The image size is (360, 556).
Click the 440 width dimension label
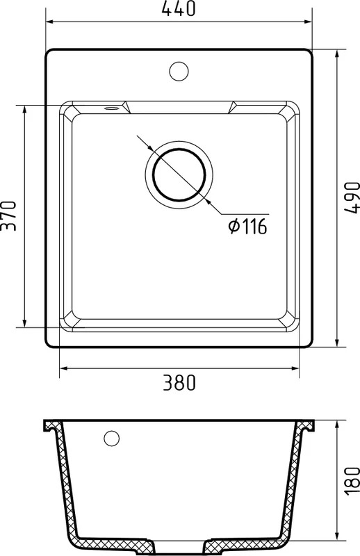click(179, 8)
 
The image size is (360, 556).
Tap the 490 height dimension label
click(352, 197)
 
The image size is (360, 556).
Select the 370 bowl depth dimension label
click(8, 216)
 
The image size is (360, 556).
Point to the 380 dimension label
click(179, 383)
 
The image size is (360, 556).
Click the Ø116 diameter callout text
click(247, 227)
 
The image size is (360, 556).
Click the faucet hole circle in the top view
click(179, 71)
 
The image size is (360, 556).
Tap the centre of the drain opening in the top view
click(179, 174)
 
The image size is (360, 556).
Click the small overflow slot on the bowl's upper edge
click(111, 108)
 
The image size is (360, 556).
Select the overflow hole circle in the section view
click(112, 439)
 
